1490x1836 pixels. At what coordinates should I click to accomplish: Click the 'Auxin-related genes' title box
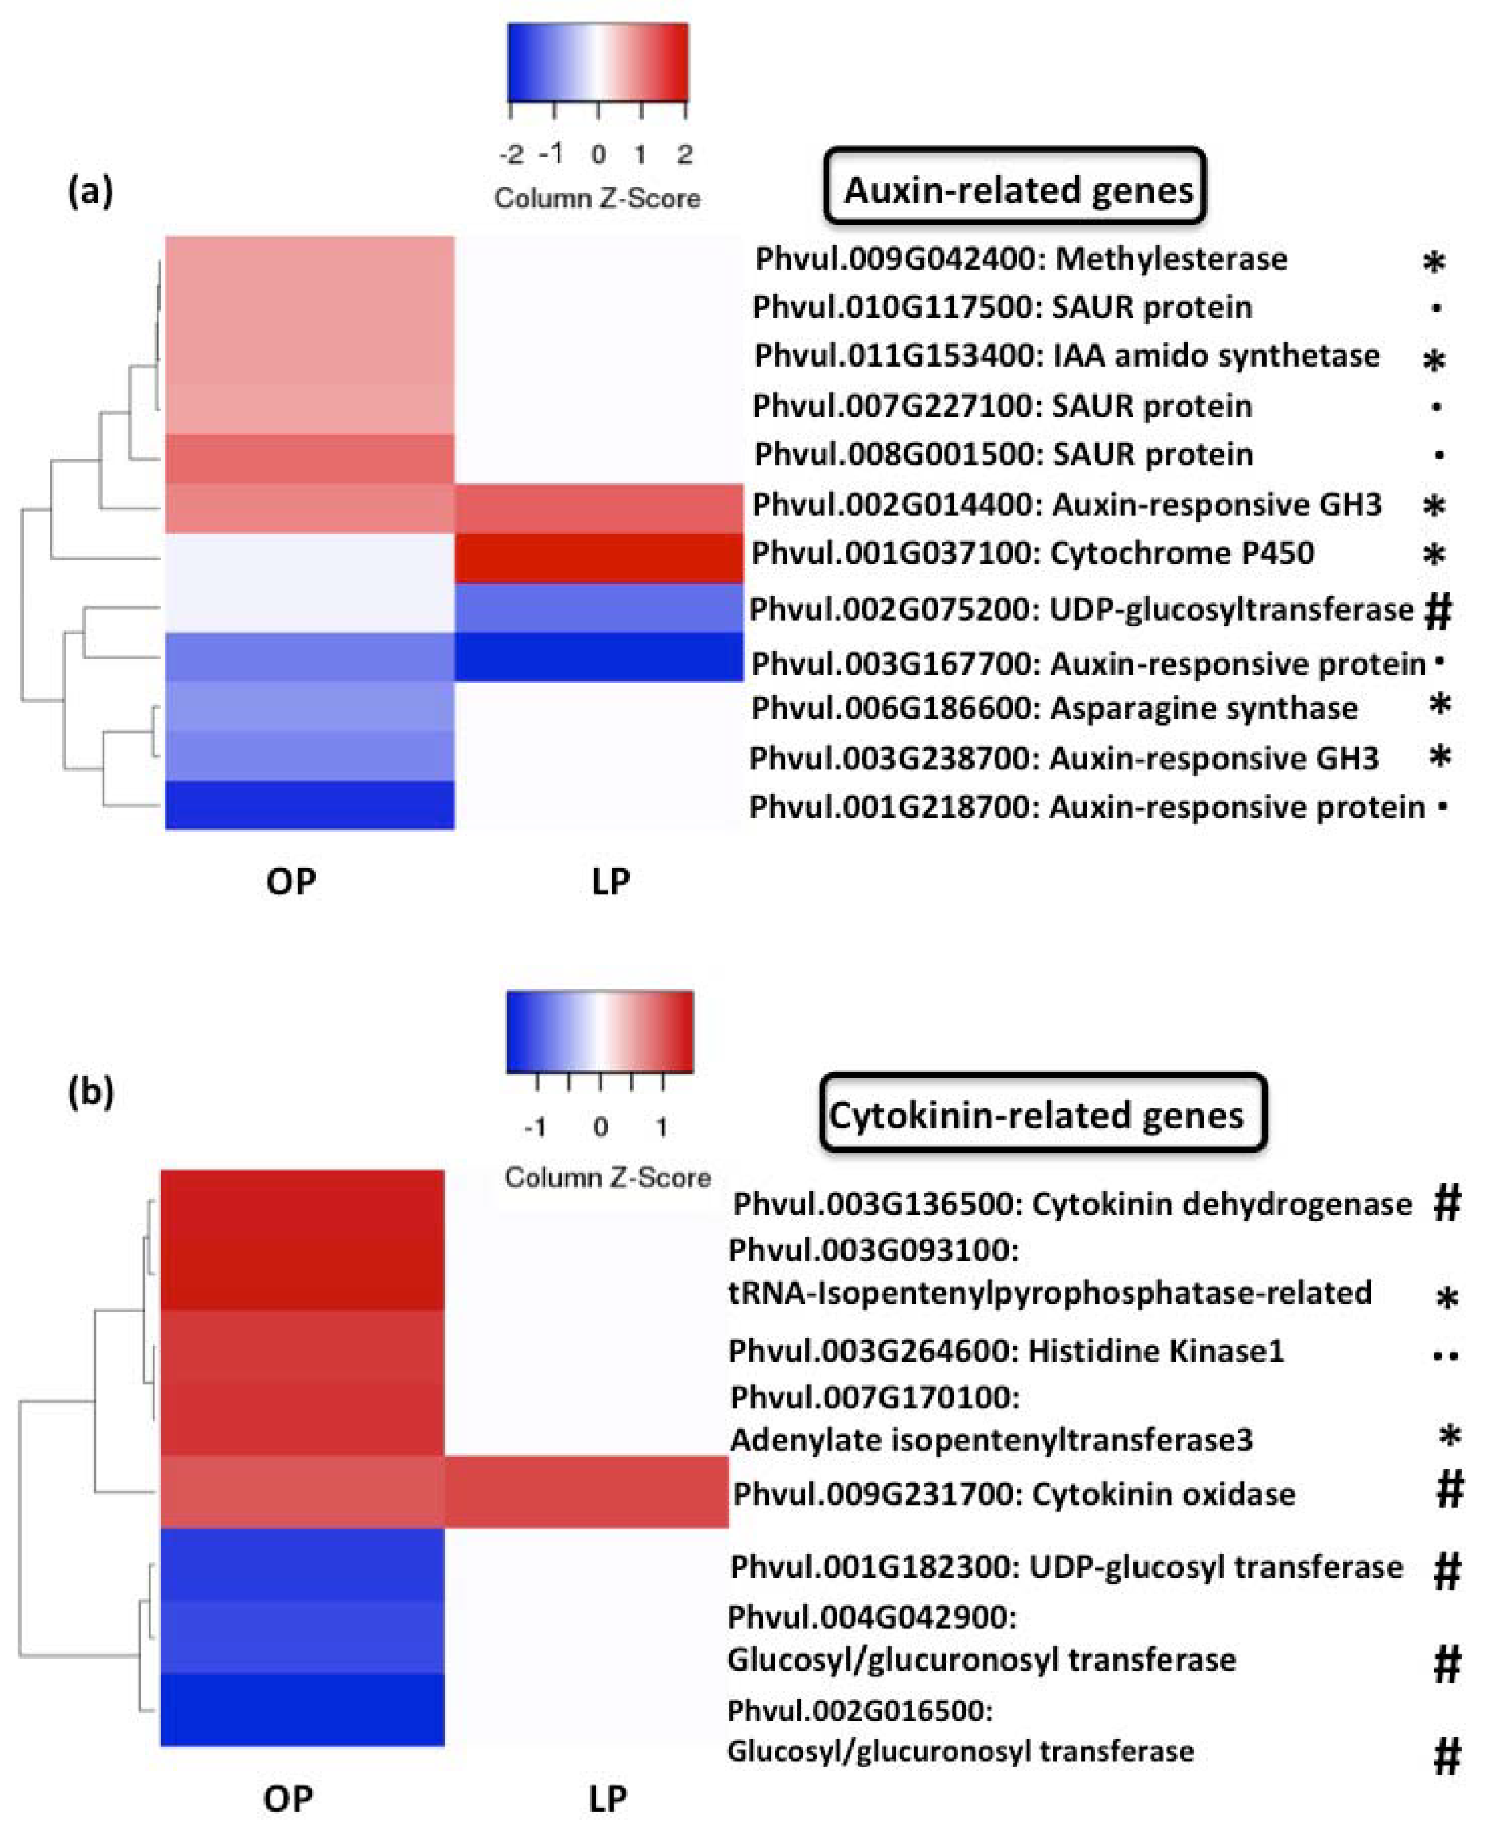(x=1016, y=188)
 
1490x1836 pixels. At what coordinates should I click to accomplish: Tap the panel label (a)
(x=89, y=190)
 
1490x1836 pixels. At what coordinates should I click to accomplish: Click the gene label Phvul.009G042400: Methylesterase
(x=1019, y=259)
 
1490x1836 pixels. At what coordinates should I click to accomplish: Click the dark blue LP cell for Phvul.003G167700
(x=598, y=657)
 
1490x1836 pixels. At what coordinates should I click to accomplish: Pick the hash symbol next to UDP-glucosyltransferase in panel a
(x=1437, y=611)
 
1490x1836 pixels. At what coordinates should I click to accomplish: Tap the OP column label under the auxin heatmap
(x=291, y=881)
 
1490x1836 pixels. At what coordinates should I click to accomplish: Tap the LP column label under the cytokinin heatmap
(x=608, y=1797)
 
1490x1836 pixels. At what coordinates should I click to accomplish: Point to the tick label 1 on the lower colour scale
(x=662, y=1127)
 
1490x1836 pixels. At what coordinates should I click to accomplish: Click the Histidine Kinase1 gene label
(x=1006, y=1352)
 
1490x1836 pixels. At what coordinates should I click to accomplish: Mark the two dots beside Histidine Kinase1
(x=1446, y=1357)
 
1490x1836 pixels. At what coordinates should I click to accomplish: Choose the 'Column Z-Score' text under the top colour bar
(x=597, y=198)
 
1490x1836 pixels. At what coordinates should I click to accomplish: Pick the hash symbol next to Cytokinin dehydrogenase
(x=1446, y=1203)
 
